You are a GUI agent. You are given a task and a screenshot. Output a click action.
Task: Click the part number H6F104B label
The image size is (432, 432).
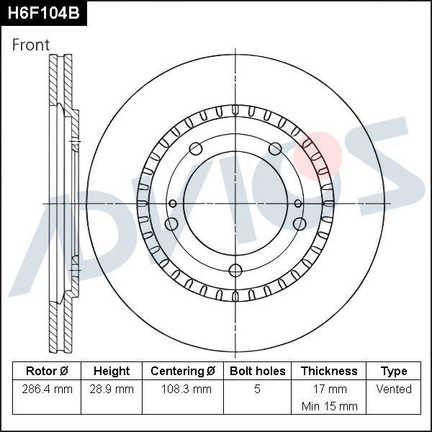tap(43, 13)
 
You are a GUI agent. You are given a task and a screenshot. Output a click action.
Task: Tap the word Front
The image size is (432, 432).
tap(31, 45)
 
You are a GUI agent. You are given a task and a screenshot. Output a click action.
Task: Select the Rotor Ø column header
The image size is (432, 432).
tap(47, 372)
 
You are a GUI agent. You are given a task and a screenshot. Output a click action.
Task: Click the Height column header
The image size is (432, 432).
tap(112, 372)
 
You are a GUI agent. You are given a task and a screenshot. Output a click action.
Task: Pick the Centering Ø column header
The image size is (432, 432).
tap(183, 372)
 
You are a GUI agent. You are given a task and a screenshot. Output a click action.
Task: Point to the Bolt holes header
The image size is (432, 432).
tap(257, 372)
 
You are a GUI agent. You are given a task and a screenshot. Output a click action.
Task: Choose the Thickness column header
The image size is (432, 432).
tap(329, 372)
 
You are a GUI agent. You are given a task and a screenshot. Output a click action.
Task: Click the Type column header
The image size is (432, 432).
tap(394, 372)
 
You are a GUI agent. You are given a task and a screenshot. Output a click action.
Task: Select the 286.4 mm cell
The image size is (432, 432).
tap(47, 390)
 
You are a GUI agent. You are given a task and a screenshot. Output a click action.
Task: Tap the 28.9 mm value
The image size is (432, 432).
tap(112, 390)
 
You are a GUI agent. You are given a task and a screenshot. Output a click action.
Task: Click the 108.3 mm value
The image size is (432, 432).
tap(183, 390)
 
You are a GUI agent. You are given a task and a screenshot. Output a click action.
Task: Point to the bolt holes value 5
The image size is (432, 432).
tap(257, 390)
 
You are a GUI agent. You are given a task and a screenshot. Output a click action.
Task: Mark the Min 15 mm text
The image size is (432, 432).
tap(329, 406)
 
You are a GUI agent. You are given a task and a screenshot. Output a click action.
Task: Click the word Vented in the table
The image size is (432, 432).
tap(394, 390)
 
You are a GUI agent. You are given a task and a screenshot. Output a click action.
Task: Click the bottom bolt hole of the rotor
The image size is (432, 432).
tap(235, 270)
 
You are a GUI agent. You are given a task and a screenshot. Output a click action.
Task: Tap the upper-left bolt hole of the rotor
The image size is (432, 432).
tap(195, 149)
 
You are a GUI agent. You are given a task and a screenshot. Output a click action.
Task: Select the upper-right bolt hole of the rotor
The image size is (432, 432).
tap(275, 149)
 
